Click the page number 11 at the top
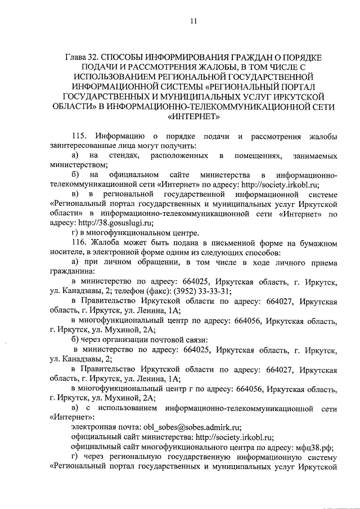[x=193, y=21]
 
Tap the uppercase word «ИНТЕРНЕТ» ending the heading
[x=193, y=117]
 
